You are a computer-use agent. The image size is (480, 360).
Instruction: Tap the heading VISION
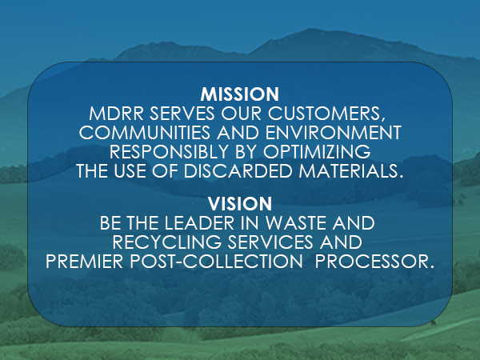[x=240, y=203]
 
